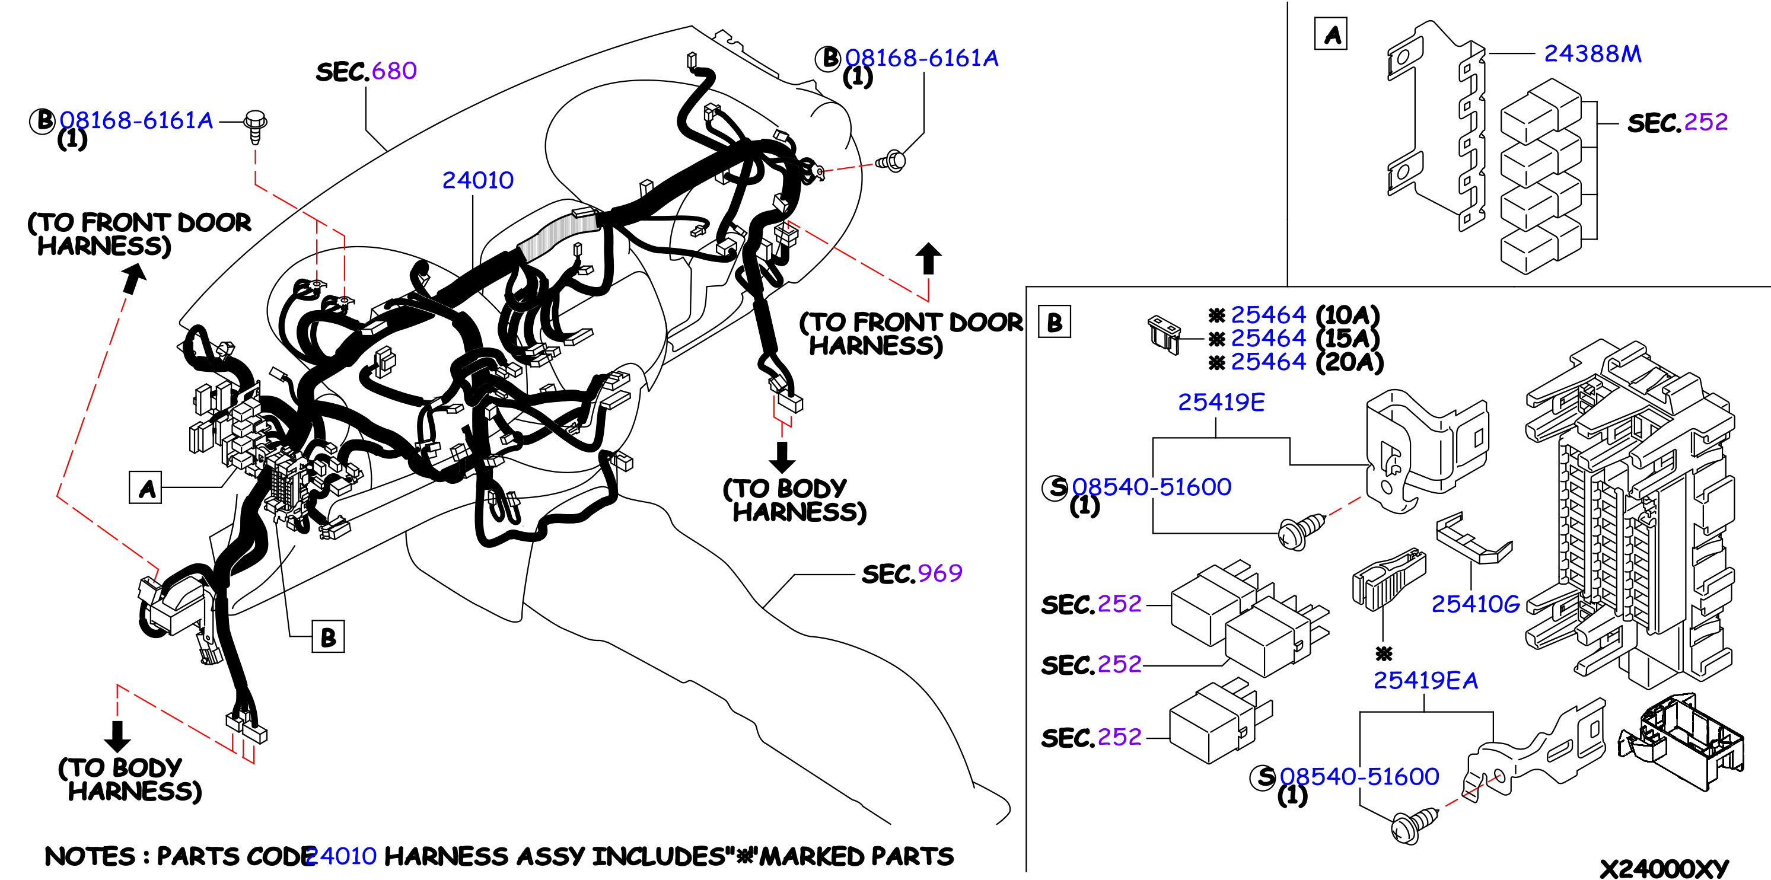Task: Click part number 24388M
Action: [1592, 53]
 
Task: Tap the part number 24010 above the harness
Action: [478, 180]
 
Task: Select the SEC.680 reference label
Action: [367, 71]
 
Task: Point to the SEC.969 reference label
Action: [912, 573]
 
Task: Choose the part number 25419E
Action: [1221, 402]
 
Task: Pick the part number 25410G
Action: [1476, 604]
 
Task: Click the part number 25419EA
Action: [1425, 681]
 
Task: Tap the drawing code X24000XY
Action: [1664, 868]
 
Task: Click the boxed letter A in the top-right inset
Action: [1331, 34]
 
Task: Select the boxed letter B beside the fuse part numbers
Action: [1055, 322]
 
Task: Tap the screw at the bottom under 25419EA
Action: [1413, 825]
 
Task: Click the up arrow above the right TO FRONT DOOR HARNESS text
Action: [928, 259]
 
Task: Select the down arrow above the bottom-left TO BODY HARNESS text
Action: [117, 736]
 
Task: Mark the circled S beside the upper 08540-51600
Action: [1055, 487]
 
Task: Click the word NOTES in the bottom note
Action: [90, 857]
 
